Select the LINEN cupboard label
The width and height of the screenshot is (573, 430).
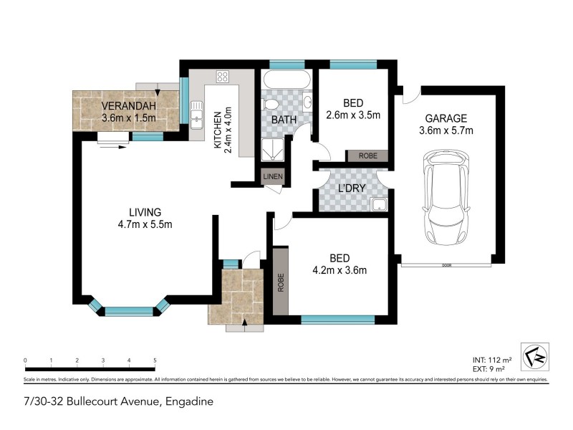273,176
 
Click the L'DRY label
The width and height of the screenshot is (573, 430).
352,188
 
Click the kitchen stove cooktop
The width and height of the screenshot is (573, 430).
221,76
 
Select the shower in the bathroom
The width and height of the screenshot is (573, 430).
273,150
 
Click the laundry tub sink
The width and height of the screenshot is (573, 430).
378,206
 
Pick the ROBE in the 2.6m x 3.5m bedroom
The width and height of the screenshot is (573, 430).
367,156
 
